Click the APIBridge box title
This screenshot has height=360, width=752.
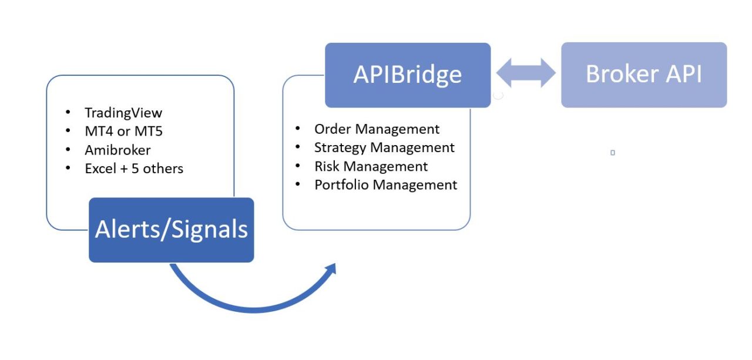(x=408, y=75)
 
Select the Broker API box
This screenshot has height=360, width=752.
(x=644, y=75)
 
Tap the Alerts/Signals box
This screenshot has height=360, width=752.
(x=171, y=230)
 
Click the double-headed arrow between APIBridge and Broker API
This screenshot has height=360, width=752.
(x=526, y=73)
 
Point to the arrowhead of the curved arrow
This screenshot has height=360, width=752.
(x=330, y=269)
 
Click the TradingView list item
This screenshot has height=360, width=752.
(x=123, y=113)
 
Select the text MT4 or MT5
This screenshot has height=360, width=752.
(x=123, y=131)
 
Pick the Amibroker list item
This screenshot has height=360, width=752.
(x=117, y=150)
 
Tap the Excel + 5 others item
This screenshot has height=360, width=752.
(x=134, y=169)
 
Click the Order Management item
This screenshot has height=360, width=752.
(x=377, y=129)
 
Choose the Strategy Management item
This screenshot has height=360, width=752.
(x=384, y=148)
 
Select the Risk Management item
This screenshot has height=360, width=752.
(x=371, y=166)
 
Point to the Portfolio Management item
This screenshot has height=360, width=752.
(x=386, y=185)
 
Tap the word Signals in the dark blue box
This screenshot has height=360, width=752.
(x=210, y=230)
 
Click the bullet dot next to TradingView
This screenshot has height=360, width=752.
(x=68, y=112)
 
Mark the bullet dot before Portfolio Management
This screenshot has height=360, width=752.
(x=298, y=184)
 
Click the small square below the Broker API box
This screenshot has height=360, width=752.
(x=613, y=153)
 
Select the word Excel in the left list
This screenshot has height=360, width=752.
(x=100, y=169)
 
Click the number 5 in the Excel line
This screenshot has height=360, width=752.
(x=135, y=169)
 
